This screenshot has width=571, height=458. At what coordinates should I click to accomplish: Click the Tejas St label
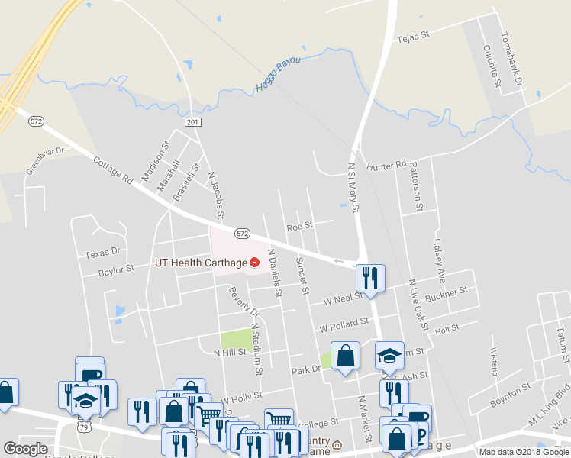(x=414, y=35)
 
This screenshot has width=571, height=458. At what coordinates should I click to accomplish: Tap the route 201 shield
(x=192, y=122)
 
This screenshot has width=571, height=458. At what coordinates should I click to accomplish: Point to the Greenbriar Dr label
(x=47, y=161)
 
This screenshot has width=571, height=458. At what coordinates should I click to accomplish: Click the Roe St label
(x=299, y=226)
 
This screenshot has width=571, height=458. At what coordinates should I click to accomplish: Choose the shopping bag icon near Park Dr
(x=345, y=355)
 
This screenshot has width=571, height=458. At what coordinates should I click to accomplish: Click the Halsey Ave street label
(x=439, y=255)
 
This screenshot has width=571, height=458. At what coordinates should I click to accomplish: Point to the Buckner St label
(x=446, y=293)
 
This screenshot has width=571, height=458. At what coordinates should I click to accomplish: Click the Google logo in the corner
(x=25, y=449)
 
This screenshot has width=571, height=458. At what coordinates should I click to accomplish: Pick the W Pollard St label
(x=344, y=326)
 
